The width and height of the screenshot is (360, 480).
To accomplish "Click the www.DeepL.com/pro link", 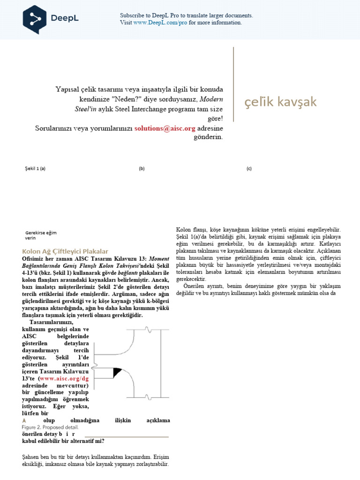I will (160, 22).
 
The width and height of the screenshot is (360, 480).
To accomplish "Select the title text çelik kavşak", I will (281, 102).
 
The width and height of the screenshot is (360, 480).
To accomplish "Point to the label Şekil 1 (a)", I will (35, 168).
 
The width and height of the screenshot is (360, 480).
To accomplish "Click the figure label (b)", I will (142, 168).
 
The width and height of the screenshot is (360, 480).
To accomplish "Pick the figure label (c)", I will (249, 168).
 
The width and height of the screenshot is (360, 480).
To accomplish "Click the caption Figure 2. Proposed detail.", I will (50, 427).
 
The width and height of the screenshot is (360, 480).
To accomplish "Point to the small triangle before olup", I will (25, 420).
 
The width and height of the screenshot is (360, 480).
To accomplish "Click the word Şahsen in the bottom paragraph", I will (33, 457).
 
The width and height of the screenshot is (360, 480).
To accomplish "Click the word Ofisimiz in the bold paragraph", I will (36, 259).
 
